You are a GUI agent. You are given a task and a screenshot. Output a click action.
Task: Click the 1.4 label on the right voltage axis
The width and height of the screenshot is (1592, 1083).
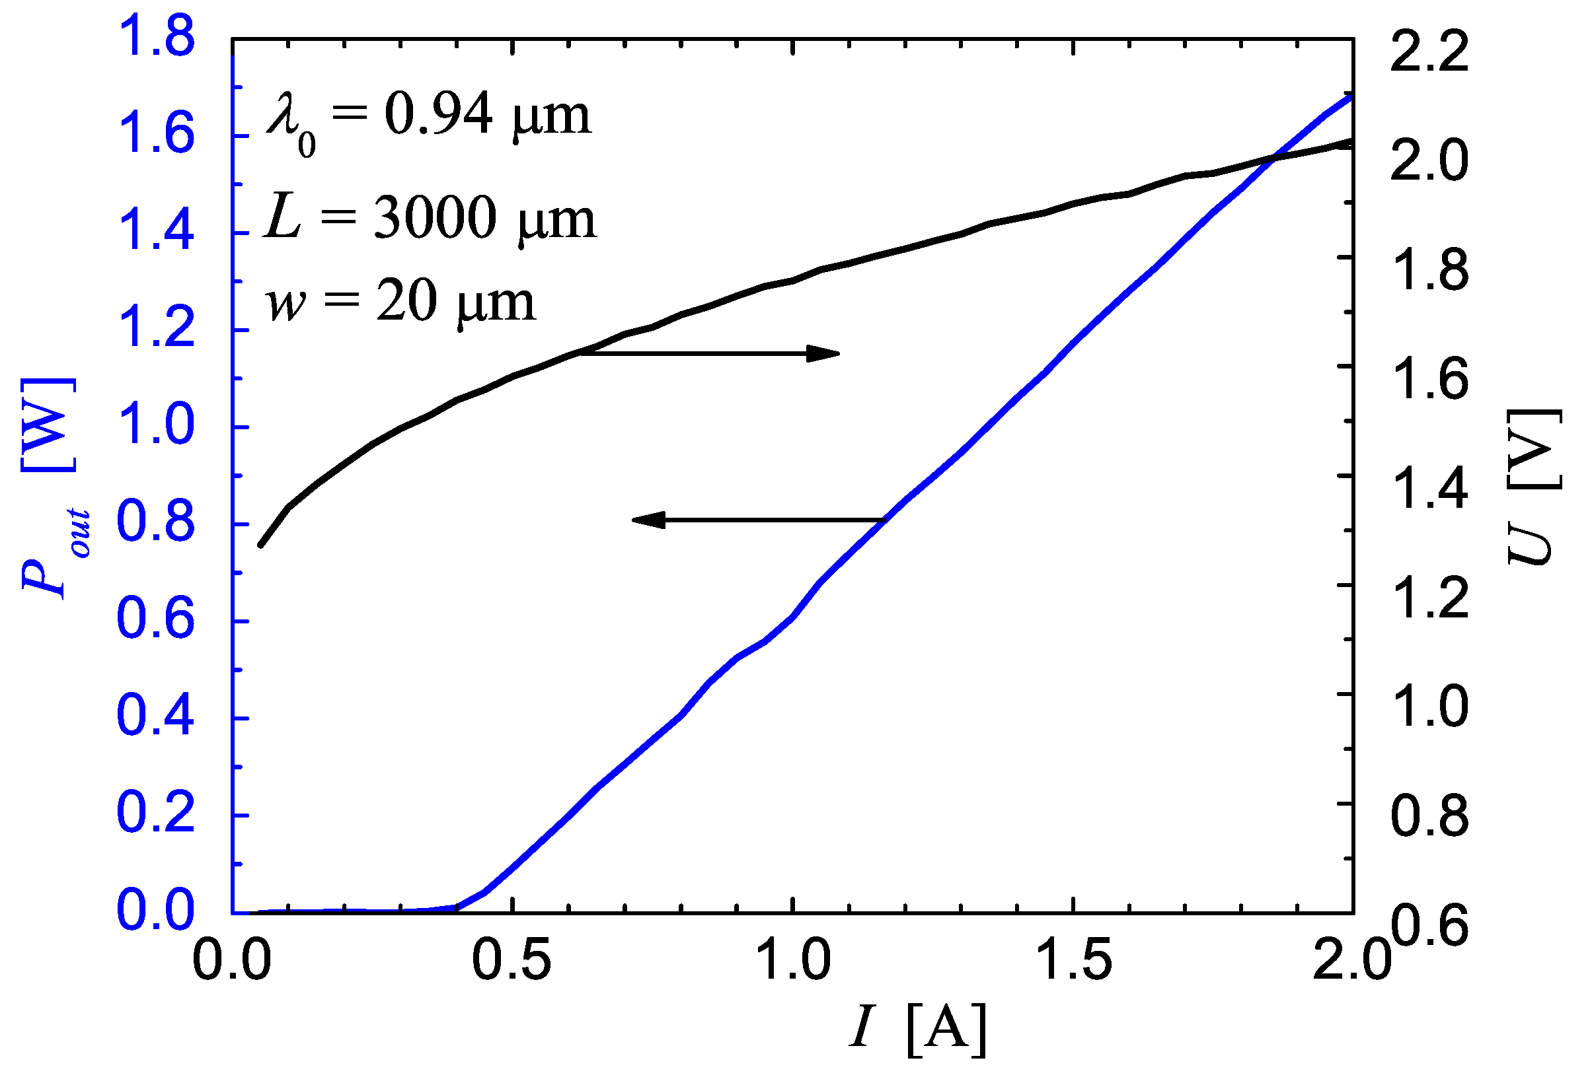coord(1429,487)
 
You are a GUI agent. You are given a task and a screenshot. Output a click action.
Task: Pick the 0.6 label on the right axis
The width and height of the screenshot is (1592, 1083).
coord(1429,926)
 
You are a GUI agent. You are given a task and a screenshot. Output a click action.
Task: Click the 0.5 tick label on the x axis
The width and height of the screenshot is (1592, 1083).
coord(512,960)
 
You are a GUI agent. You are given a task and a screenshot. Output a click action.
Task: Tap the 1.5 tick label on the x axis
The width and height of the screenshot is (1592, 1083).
coord(1073,960)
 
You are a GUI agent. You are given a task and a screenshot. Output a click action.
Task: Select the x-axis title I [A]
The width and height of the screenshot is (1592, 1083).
coord(918,1029)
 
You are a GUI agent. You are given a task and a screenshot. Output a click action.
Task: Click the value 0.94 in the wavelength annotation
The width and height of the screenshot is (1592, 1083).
coord(438,114)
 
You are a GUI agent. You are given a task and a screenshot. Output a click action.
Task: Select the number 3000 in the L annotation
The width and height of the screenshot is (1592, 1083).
coord(436,218)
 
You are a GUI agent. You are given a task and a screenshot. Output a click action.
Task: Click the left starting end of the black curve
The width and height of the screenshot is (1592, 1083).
coord(260,545)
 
